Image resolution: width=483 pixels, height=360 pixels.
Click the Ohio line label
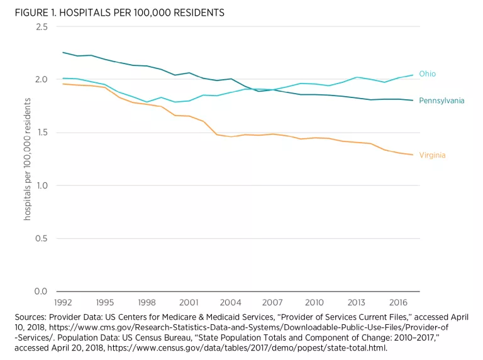click(x=427, y=74)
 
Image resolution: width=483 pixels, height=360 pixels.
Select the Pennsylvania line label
click(x=441, y=101)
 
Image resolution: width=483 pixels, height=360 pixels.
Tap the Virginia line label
click(x=432, y=155)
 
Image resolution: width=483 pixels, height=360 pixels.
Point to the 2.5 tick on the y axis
click(x=42, y=26)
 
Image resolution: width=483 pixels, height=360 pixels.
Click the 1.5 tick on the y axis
click(x=42, y=133)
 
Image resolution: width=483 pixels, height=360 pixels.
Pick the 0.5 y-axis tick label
click(x=42, y=238)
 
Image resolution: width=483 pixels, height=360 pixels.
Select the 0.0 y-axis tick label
click(x=42, y=291)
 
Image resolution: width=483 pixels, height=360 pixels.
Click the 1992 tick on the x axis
click(x=63, y=302)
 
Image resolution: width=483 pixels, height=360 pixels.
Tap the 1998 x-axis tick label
click(x=147, y=302)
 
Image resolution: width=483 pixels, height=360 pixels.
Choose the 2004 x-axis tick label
click(x=231, y=302)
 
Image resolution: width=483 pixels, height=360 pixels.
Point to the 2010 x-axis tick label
click(x=314, y=302)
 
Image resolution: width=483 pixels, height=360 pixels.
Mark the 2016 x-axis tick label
click(x=398, y=302)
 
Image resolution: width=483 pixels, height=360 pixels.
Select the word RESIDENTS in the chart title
click(x=198, y=13)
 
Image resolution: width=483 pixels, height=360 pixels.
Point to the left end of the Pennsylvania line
click(x=63, y=53)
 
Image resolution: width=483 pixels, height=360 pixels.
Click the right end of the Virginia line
click(x=413, y=155)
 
